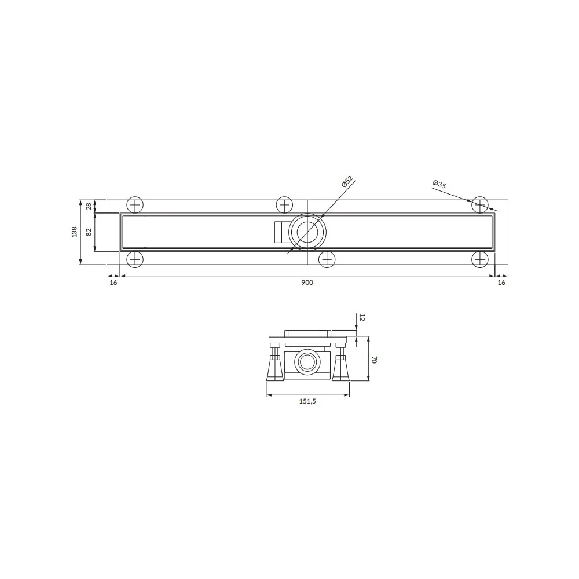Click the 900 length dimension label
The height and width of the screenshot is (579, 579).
pos(307,283)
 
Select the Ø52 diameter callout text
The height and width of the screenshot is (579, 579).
pos(347,181)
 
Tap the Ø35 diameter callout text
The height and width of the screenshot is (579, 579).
pos(439,184)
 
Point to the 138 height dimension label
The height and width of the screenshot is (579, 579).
pos(75,232)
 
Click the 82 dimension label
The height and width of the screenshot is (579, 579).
pos(89,232)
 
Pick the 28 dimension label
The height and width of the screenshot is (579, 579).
pos(89,206)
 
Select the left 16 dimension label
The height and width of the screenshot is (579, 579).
pos(113,283)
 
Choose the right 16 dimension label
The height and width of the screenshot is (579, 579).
pos(501,283)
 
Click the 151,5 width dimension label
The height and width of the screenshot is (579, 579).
pos(307,401)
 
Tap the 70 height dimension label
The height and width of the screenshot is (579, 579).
pos(373,360)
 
